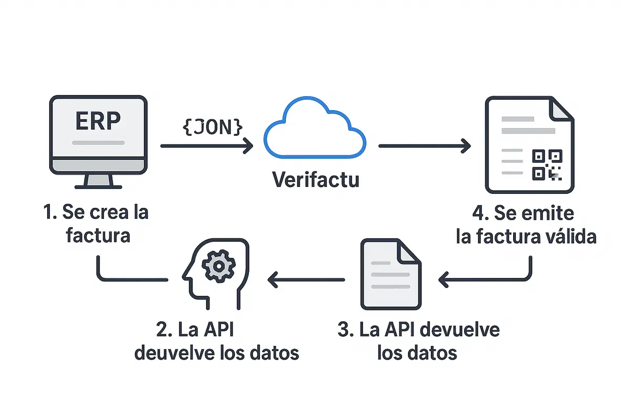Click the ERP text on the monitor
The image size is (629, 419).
[98, 121]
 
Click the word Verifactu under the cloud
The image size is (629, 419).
[316, 180]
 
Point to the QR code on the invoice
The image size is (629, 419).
[547, 164]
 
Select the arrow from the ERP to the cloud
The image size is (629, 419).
[207, 146]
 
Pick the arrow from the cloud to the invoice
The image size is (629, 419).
[425, 146]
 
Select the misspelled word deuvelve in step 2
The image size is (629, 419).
[173, 352]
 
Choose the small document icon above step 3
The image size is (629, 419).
[391, 275]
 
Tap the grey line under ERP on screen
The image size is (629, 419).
[98, 142]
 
